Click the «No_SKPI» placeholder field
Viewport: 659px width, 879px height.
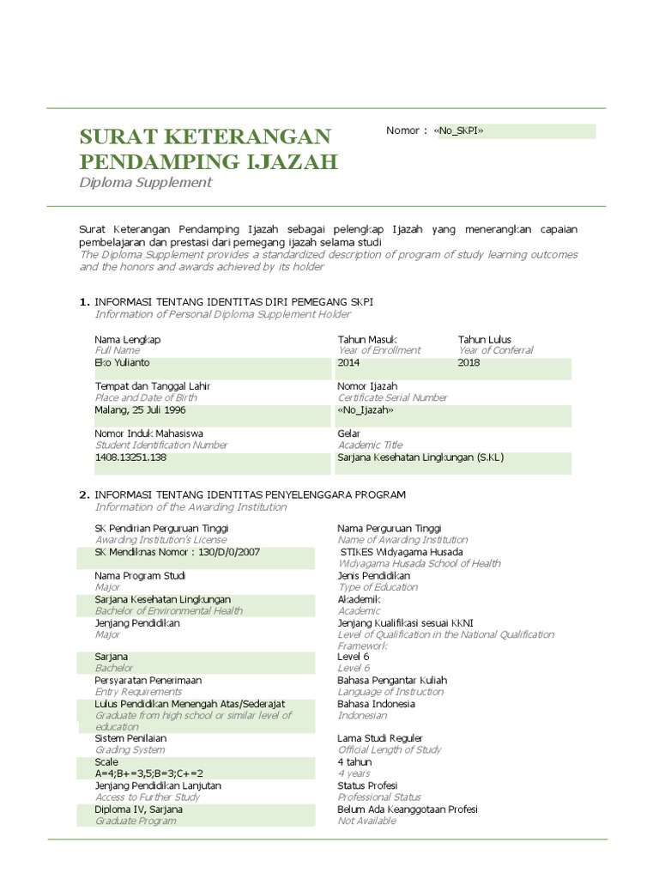(461, 131)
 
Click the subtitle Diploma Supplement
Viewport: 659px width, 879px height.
(145, 183)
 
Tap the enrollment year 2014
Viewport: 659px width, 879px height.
(349, 363)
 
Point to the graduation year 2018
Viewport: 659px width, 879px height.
(469, 363)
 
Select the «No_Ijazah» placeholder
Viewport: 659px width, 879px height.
(366, 410)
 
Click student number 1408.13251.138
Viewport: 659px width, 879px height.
(130, 458)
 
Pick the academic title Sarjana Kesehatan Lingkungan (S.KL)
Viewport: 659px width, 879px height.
(420, 458)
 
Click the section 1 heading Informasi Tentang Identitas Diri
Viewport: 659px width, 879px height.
(233, 302)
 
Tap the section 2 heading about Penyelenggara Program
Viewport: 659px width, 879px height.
(250, 495)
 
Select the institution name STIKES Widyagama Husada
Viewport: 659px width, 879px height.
(402, 552)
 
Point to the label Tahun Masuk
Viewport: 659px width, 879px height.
(367, 340)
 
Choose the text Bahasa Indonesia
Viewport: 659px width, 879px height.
(377, 704)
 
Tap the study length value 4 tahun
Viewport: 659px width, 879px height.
(355, 762)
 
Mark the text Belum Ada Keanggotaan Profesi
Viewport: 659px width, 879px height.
(408, 809)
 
